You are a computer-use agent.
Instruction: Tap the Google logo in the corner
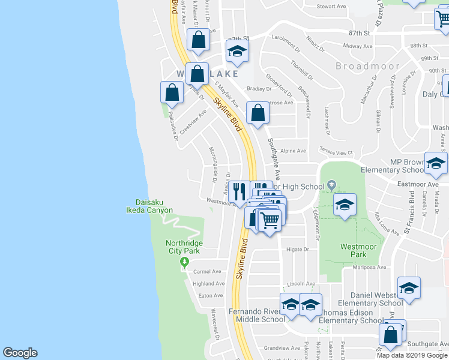click(20, 353)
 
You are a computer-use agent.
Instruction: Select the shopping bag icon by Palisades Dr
click(172, 92)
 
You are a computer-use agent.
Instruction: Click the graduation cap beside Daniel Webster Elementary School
click(409, 288)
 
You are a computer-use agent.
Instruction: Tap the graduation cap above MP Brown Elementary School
click(436, 163)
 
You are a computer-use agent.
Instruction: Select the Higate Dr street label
click(297, 249)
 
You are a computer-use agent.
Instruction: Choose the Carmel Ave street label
click(208, 271)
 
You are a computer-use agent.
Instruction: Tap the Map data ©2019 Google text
click(412, 355)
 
